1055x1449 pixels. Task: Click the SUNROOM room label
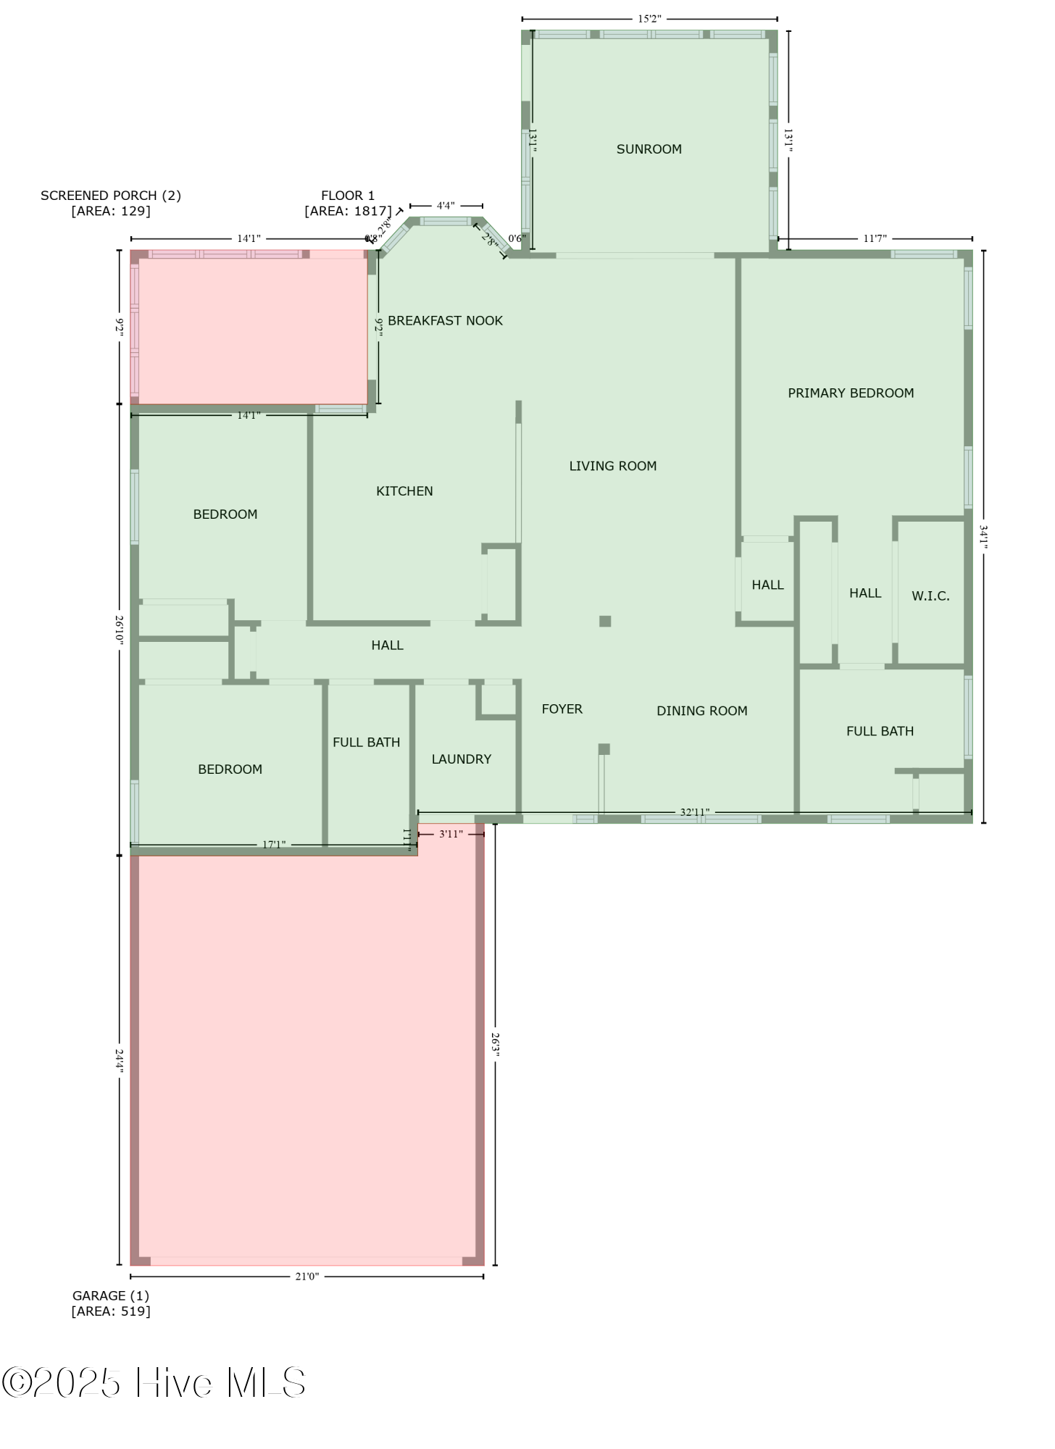[649, 149]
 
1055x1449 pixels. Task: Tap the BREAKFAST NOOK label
[445, 321]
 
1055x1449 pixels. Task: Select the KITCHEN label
[404, 491]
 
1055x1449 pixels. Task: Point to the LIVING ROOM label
[612, 466]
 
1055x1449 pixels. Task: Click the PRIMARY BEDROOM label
[851, 393]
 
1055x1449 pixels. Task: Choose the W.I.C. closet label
[930, 596]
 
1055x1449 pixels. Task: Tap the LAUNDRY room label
[461, 759]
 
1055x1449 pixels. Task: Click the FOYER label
[562, 709]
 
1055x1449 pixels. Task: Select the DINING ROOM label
[701, 711]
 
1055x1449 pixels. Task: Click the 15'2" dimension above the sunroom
[649, 19]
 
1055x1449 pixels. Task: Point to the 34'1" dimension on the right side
[983, 537]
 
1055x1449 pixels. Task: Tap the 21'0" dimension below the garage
[307, 1276]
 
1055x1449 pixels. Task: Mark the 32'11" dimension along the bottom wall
[694, 812]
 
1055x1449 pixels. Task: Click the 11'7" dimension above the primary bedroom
[875, 238]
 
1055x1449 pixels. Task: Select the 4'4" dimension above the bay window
[446, 206]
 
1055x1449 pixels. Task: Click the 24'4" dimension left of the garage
[120, 1061]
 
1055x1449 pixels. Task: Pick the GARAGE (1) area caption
[111, 1303]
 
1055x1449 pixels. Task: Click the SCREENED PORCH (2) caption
[111, 203]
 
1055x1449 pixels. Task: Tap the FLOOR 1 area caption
[348, 203]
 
